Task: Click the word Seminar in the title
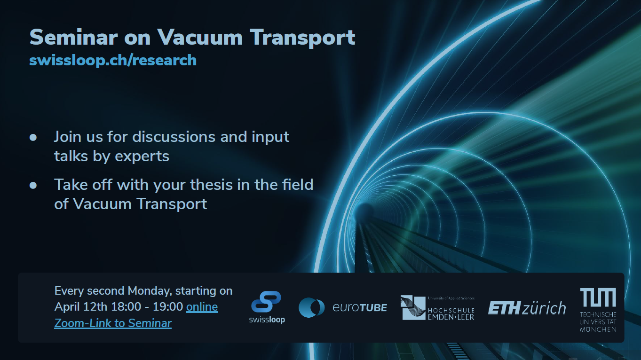tap(73, 37)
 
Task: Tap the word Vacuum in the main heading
tap(200, 37)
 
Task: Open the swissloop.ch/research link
tap(113, 60)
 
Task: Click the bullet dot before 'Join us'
tap(33, 137)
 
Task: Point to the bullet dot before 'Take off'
tap(33, 185)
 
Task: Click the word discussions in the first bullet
tap(174, 137)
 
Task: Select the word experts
tap(142, 157)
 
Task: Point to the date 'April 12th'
tap(81, 307)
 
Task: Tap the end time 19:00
tap(168, 307)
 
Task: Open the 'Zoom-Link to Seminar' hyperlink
tap(113, 323)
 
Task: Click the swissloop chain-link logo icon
tap(266, 301)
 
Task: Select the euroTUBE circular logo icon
tap(311, 308)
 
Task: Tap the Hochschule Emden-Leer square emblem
tap(412, 308)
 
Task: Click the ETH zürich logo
tap(527, 308)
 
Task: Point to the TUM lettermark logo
tap(598, 297)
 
